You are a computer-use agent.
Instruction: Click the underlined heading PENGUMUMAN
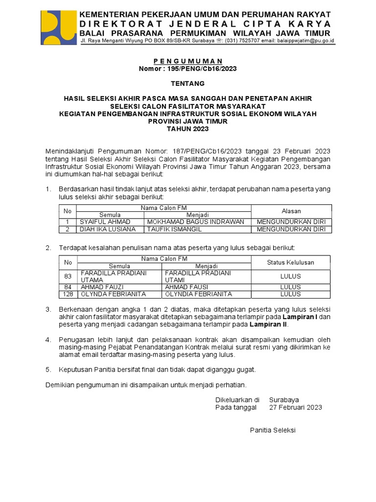[x=188, y=61]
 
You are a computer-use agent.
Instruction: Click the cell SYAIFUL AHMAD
[x=105, y=222]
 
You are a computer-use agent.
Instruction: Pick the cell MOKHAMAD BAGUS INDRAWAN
[x=195, y=222]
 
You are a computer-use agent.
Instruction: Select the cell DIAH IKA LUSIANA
[x=108, y=229]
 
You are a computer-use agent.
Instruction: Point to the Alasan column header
[x=291, y=211]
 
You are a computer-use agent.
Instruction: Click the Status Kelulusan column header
[x=290, y=263]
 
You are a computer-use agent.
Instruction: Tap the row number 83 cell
[x=68, y=276]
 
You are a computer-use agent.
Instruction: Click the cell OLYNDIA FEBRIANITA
[x=198, y=294]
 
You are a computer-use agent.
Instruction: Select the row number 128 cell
[x=68, y=294]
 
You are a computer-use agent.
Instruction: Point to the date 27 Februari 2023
[x=296, y=407]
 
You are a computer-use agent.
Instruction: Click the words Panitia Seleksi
[x=273, y=430]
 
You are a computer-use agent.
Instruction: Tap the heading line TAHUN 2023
[x=188, y=129]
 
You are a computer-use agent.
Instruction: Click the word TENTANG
[x=188, y=84]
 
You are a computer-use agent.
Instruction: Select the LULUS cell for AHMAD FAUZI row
[x=290, y=287]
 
